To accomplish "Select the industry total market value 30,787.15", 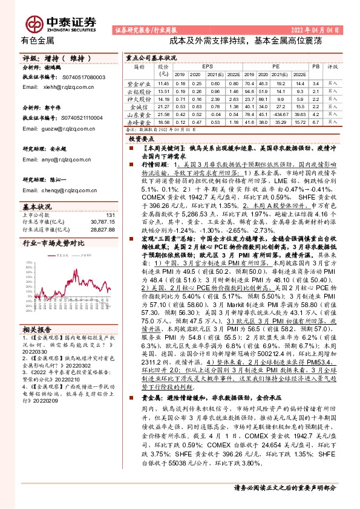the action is click(x=102, y=222).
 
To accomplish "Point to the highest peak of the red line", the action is click(x=76, y=265).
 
